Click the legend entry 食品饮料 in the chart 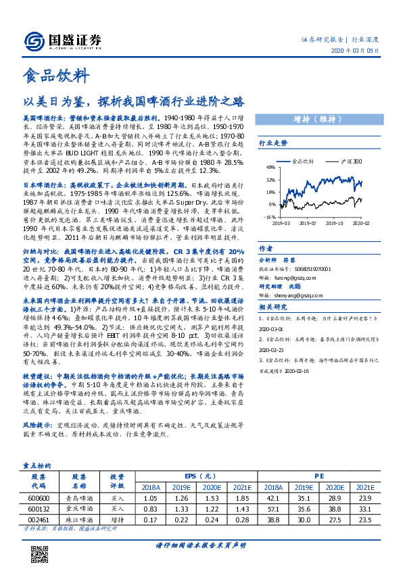point(306,162)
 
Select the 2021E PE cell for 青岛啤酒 point(365,498)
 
